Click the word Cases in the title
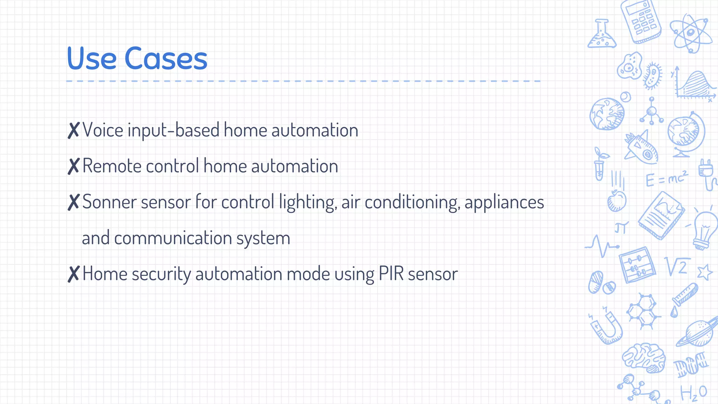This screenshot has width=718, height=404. click(x=166, y=58)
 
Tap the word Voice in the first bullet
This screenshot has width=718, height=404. click(x=103, y=130)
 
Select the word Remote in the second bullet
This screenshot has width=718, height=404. click(x=111, y=166)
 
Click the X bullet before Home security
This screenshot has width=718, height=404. click(x=74, y=274)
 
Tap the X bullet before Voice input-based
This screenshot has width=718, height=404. click(x=74, y=130)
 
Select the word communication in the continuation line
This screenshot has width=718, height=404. click(x=173, y=238)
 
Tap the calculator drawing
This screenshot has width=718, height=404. click(x=641, y=22)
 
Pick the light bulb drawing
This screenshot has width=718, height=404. click(x=704, y=230)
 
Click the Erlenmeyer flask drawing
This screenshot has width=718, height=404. click(x=602, y=35)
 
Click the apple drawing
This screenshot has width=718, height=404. click(x=616, y=201)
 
